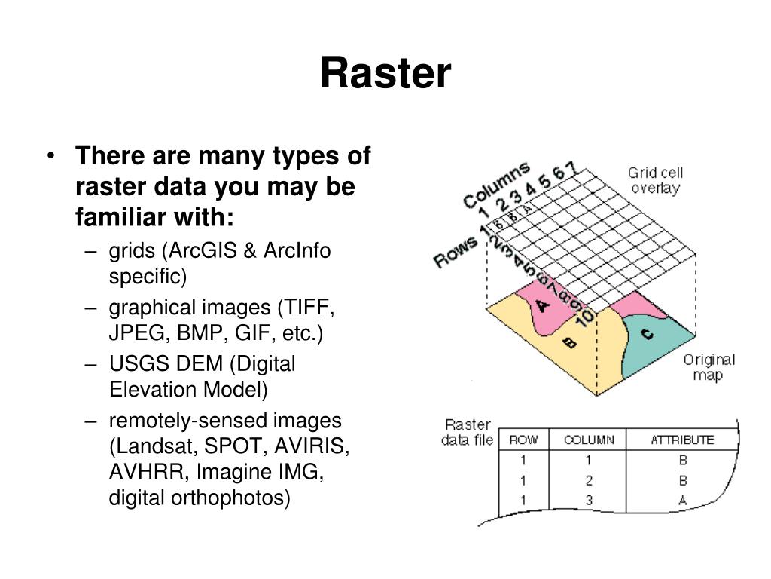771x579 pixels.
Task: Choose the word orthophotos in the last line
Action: point(239,498)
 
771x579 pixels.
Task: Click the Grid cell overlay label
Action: point(654,180)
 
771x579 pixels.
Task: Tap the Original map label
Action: point(708,367)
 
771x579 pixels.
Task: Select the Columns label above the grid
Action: point(496,184)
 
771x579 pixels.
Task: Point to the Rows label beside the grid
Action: point(456,250)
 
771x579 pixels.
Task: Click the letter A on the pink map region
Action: point(541,306)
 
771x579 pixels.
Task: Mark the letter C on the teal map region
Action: point(647,335)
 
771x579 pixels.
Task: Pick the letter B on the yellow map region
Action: point(569,343)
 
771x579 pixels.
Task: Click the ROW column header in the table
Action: point(523,440)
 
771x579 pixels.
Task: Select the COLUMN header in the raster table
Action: point(589,440)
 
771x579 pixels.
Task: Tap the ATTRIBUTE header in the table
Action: point(682,440)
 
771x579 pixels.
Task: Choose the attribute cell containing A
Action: point(682,500)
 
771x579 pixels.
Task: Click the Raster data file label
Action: point(468,432)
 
